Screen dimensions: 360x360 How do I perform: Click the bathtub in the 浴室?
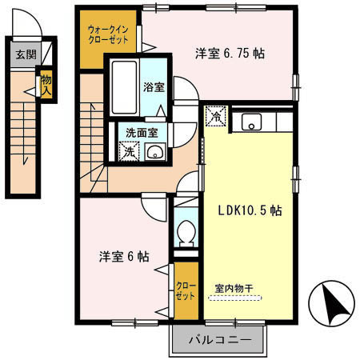click(123, 86)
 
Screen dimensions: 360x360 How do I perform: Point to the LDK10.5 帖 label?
click(250, 210)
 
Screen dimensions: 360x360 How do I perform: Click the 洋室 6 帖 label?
click(123, 257)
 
